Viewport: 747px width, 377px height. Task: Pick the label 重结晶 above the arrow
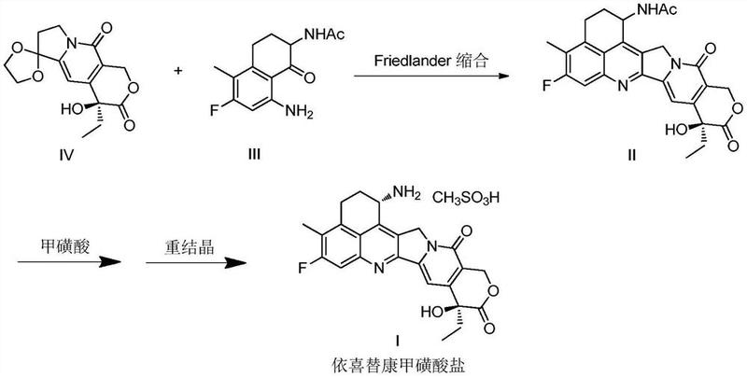click(177, 240)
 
